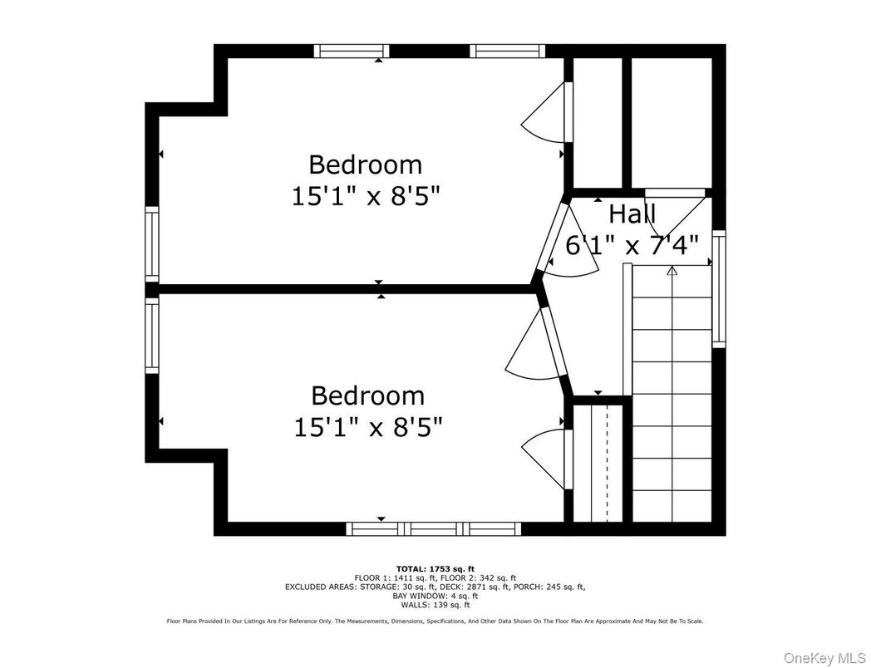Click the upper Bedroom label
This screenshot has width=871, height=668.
(366, 164)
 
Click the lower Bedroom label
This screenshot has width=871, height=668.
(367, 395)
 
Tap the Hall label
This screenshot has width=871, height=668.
(632, 214)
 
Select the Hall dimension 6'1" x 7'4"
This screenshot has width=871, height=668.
(632, 245)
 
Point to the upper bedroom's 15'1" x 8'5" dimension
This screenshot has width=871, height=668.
(366, 196)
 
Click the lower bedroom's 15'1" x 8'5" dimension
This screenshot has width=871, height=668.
(367, 427)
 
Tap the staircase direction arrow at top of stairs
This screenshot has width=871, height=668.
(672, 270)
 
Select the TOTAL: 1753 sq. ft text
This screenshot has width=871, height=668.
(435, 569)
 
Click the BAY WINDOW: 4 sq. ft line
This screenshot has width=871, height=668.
(435, 596)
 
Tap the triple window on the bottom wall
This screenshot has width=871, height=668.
(434, 528)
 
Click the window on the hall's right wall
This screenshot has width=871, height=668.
(719, 287)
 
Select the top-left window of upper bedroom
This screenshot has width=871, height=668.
(351, 52)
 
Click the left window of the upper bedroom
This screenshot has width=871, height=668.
(152, 243)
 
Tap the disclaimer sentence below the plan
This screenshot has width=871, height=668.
(435, 621)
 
